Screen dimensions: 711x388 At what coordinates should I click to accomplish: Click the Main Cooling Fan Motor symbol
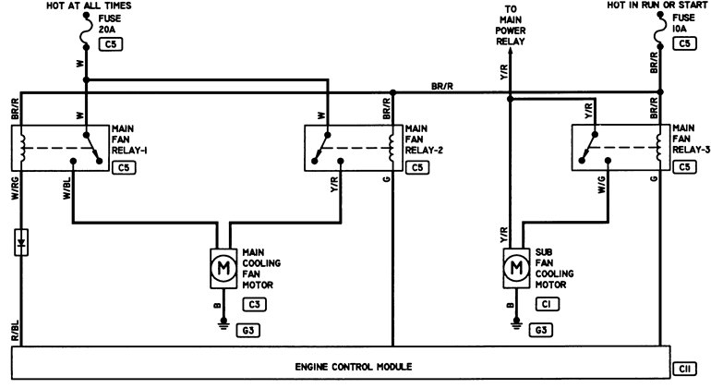[x=223, y=268]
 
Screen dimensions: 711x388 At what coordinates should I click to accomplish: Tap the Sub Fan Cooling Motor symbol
[x=516, y=268]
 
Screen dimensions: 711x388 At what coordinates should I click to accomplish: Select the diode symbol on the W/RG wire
[x=21, y=242]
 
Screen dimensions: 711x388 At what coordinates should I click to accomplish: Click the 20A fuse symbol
[x=86, y=30]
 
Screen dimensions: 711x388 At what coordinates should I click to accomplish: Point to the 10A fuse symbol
[x=660, y=30]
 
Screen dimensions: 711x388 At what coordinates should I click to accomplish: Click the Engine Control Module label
[x=354, y=367]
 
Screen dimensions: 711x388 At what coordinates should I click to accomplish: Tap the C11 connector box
[x=685, y=369]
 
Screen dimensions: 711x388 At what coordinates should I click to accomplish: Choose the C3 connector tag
[x=254, y=305]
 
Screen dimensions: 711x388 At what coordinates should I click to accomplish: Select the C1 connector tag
[x=548, y=304]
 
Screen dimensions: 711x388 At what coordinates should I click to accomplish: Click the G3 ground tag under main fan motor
[x=248, y=331]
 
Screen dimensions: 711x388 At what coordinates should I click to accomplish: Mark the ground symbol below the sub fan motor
[x=516, y=323]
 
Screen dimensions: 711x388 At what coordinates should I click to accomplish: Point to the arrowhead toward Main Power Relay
[x=510, y=52]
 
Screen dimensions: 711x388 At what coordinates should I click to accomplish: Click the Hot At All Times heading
[x=89, y=6]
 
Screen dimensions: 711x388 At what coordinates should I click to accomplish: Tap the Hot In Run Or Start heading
[x=657, y=5]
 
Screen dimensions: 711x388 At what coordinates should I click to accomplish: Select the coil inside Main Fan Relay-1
[x=22, y=148]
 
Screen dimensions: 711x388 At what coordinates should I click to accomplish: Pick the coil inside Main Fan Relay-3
[x=659, y=148]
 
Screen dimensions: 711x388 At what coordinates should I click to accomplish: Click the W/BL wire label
[x=67, y=188]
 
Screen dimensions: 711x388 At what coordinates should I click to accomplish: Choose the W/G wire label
[x=602, y=185]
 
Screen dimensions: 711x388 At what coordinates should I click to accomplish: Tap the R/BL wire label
[x=15, y=331]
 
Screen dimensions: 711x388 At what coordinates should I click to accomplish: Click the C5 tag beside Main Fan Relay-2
[x=417, y=168]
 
